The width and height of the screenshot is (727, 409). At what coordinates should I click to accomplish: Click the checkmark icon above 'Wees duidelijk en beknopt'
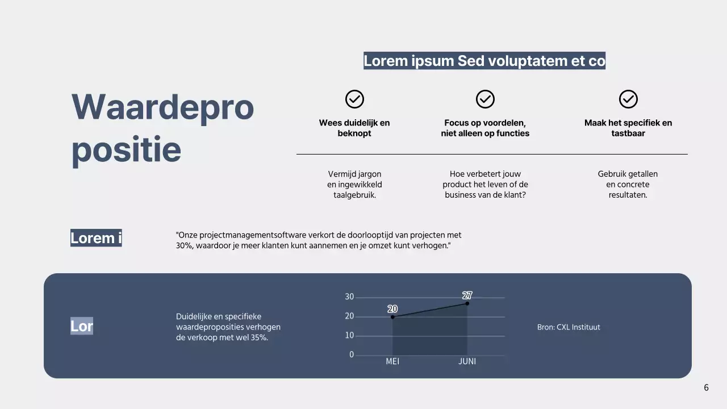pyautogui.click(x=354, y=99)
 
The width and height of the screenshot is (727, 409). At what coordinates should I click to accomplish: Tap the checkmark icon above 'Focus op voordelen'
pyautogui.click(x=485, y=99)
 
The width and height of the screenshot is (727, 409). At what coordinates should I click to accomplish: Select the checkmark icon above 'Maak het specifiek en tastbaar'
pyautogui.click(x=628, y=99)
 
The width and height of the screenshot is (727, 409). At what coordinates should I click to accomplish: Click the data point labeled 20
pyautogui.click(x=392, y=316)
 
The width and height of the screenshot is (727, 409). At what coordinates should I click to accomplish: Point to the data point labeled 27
pyautogui.click(x=467, y=303)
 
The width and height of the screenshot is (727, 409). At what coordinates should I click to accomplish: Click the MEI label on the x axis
pyautogui.click(x=392, y=361)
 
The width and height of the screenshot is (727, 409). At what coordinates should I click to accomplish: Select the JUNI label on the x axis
pyautogui.click(x=467, y=361)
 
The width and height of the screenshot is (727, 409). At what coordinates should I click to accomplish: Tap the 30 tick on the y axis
pyautogui.click(x=349, y=297)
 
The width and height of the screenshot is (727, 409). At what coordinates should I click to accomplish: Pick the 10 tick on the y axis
pyautogui.click(x=349, y=336)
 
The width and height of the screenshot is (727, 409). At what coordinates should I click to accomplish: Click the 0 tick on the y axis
pyautogui.click(x=352, y=355)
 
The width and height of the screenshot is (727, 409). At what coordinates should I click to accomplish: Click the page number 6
pyautogui.click(x=706, y=388)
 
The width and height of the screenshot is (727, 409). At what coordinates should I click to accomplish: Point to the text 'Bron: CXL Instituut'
pyautogui.click(x=569, y=327)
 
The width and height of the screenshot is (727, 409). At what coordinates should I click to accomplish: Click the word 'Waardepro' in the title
pyautogui.click(x=162, y=107)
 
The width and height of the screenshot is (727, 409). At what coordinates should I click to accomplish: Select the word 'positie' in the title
pyautogui.click(x=126, y=149)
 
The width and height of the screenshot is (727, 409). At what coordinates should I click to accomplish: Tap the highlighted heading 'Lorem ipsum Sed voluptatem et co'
pyautogui.click(x=484, y=61)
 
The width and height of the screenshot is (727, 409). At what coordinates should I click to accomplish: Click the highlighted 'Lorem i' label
pyautogui.click(x=96, y=238)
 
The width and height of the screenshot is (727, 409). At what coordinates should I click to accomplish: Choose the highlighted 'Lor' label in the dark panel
pyautogui.click(x=82, y=326)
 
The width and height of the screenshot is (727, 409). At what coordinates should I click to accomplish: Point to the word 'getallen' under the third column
pyautogui.click(x=643, y=174)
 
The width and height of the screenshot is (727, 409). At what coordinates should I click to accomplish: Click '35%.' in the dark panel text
pyautogui.click(x=259, y=338)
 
